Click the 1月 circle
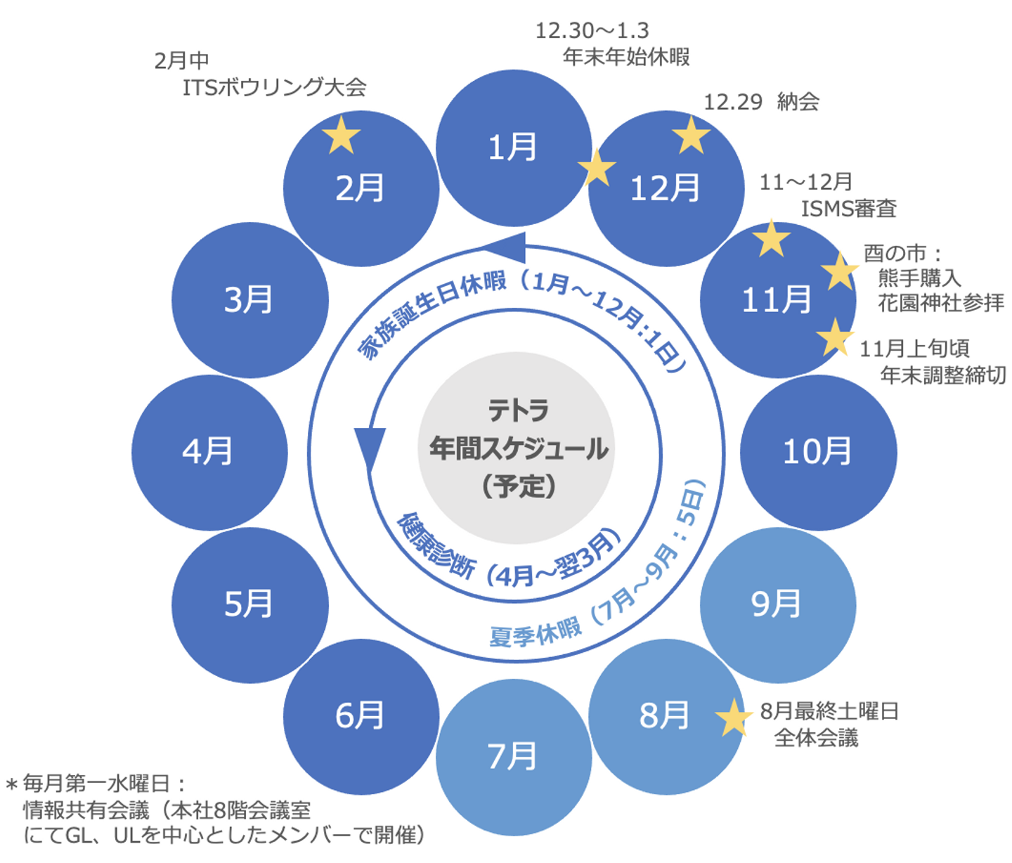coord(513,148)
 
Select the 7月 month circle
coord(513,757)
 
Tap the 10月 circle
coord(818,452)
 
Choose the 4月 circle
coord(209,452)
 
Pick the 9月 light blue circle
coord(777,604)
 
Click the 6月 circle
coord(361,716)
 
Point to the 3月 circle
coord(249,300)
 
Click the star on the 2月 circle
coord(342,135)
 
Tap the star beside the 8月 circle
coord(733,718)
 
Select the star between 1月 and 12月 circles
coord(597,169)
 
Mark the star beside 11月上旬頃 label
coord(835,337)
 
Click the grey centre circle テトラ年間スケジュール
coord(517,448)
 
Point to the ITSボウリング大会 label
coord(274,87)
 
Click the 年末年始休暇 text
coord(626,57)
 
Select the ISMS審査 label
coord(848,209)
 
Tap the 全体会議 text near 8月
coord(816,738)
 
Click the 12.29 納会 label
coord(761,103)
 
